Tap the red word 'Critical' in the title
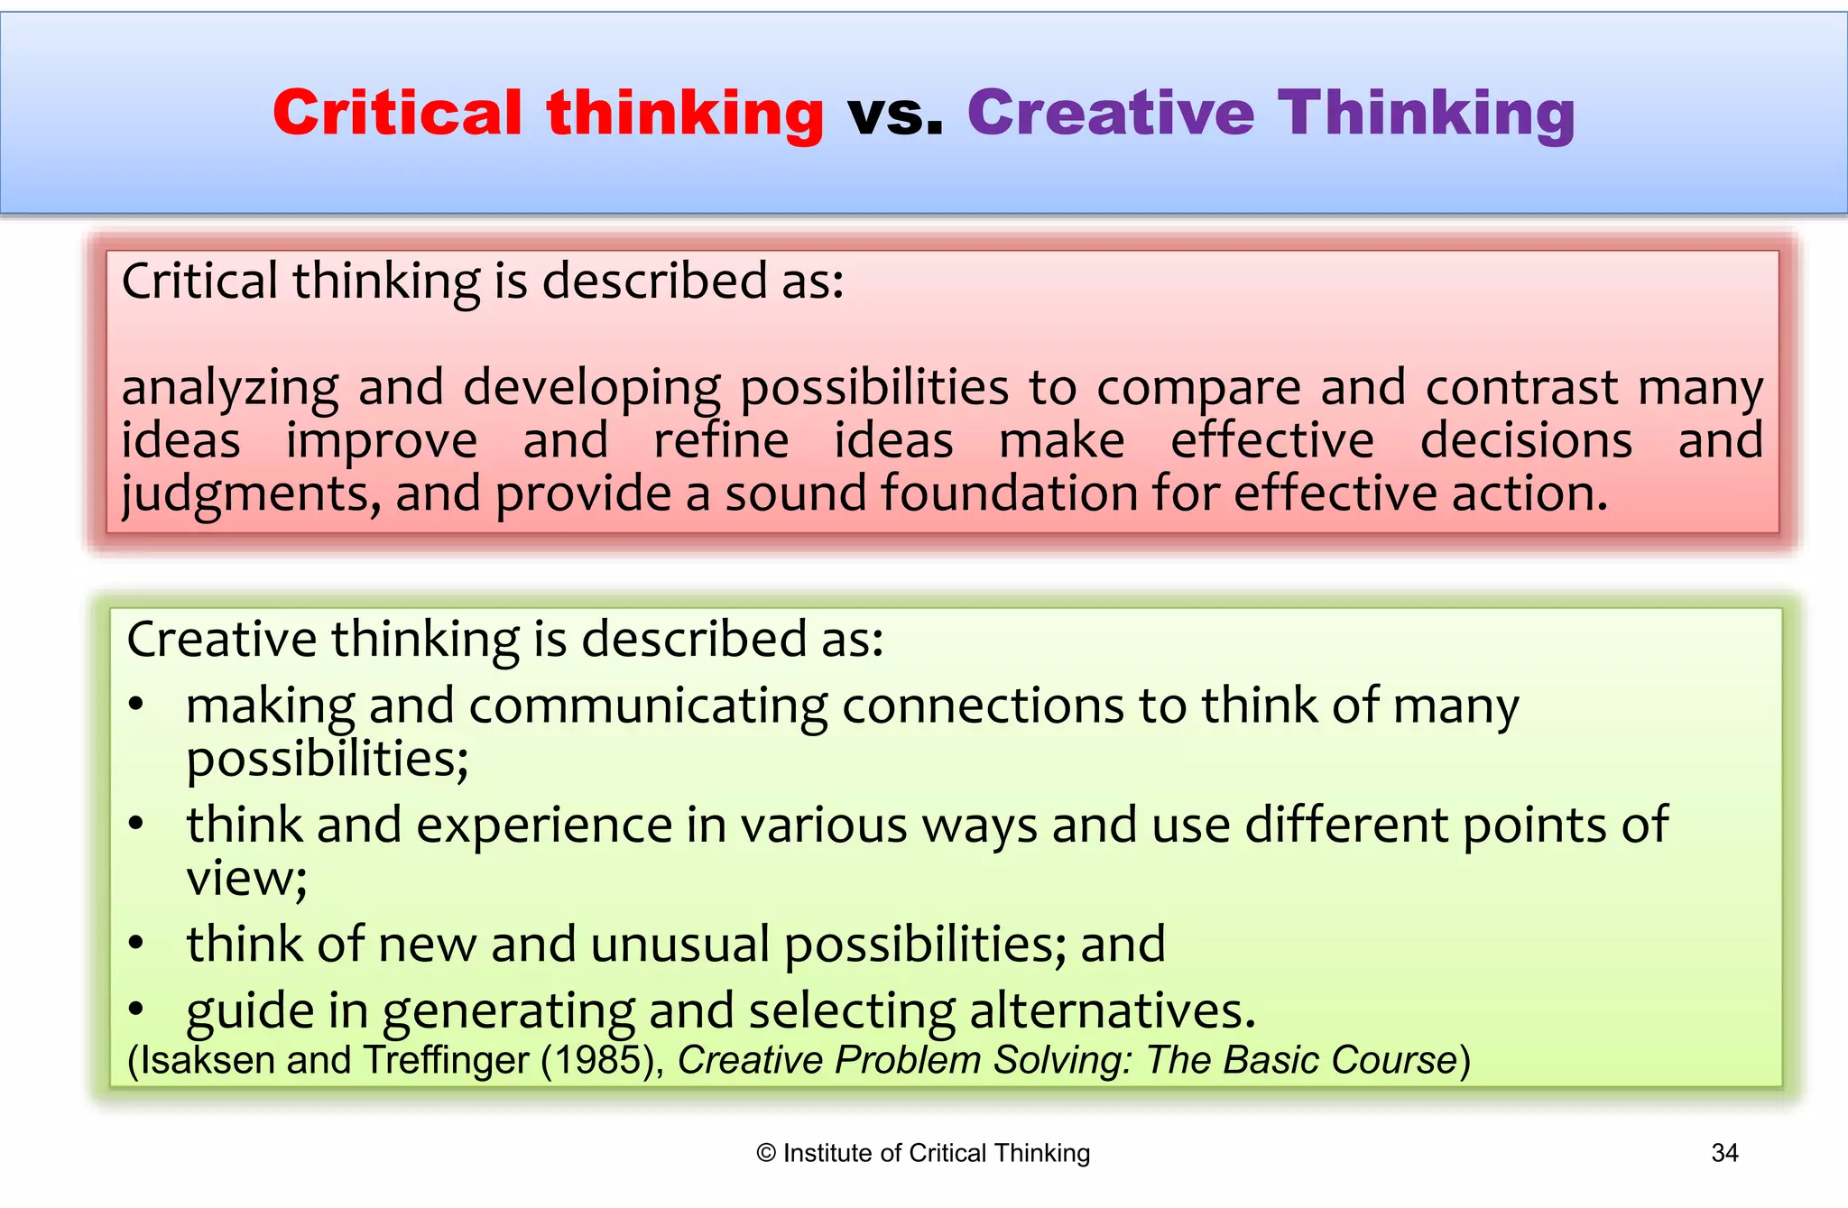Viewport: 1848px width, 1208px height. tap(397, 114)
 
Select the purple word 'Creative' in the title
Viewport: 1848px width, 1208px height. tap(1111, 114)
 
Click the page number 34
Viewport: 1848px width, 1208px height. tap(1724, 1153)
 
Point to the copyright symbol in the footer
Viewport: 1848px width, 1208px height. tap(766, 1153)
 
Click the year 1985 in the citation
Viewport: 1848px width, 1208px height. tap(598, 1060)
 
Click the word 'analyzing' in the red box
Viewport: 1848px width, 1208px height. tap(230, 389)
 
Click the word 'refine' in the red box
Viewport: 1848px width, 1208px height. tap(721, 441)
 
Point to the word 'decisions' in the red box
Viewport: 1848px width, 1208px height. tap(1526, 441)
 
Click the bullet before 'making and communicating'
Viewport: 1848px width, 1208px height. tap(136, 705)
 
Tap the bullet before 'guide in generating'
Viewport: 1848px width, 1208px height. tap(136, 1010)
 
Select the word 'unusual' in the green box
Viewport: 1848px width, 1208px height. tap(679, 945)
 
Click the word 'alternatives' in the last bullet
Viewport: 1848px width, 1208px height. tap(1112, 1010)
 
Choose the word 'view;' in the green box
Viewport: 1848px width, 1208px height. tap(246, 878)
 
